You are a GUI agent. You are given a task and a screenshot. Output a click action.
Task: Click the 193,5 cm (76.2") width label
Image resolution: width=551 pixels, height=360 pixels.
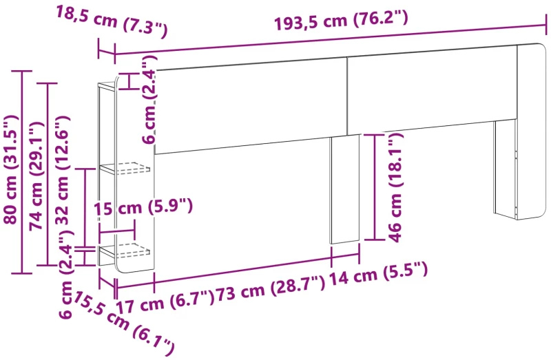coord(341,21)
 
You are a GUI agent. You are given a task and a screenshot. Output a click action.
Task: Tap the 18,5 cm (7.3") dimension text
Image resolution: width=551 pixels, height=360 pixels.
coord(111,22)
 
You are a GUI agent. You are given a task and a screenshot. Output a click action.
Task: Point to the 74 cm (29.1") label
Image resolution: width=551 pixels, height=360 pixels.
coord(37,176)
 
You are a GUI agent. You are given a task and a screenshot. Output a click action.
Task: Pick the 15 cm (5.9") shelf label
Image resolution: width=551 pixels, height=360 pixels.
coord(143,207)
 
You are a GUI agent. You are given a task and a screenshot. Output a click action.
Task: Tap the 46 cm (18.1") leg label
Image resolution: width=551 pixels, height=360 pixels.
coord(395,188)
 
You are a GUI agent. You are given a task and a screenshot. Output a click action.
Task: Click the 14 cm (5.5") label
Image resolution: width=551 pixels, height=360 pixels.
coord(378,273)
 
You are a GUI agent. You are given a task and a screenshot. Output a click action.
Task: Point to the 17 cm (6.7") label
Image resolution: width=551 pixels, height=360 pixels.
coord(165,302)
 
